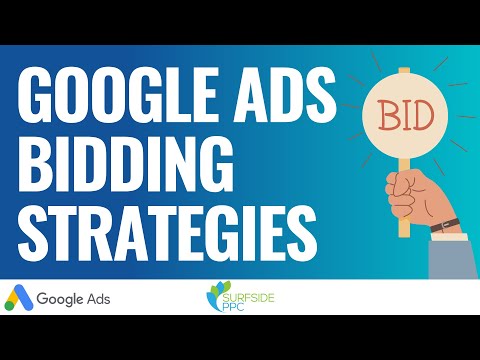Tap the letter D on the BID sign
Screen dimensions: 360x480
coord(424,116)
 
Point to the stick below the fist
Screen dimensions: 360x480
coord(404,227)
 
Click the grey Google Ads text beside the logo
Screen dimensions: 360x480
coord(74,297)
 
